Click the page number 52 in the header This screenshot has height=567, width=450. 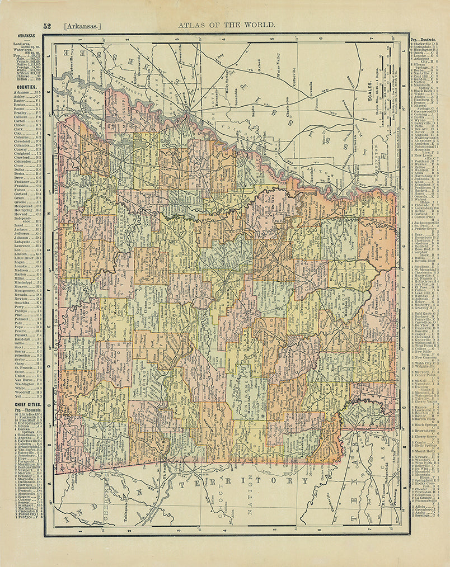click(x=47, y=26)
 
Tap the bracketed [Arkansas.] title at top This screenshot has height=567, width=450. click(x=82, y=26)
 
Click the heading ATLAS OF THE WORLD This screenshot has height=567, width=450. click(x=226, y=25)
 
